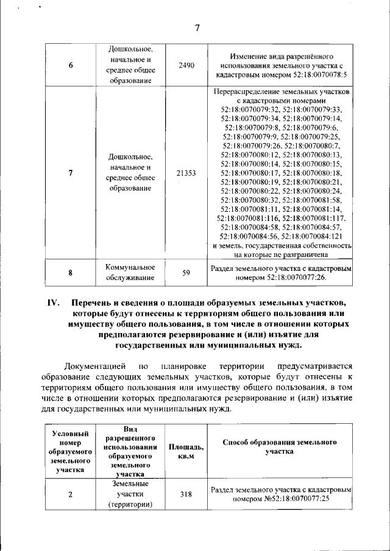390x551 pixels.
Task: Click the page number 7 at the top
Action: point(197,27)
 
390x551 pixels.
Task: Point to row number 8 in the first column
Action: point(71,273)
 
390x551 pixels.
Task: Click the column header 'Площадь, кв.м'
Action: point(186,451)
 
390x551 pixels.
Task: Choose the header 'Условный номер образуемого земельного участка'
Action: point(71,451)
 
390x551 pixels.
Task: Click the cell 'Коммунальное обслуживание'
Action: point(130,273)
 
